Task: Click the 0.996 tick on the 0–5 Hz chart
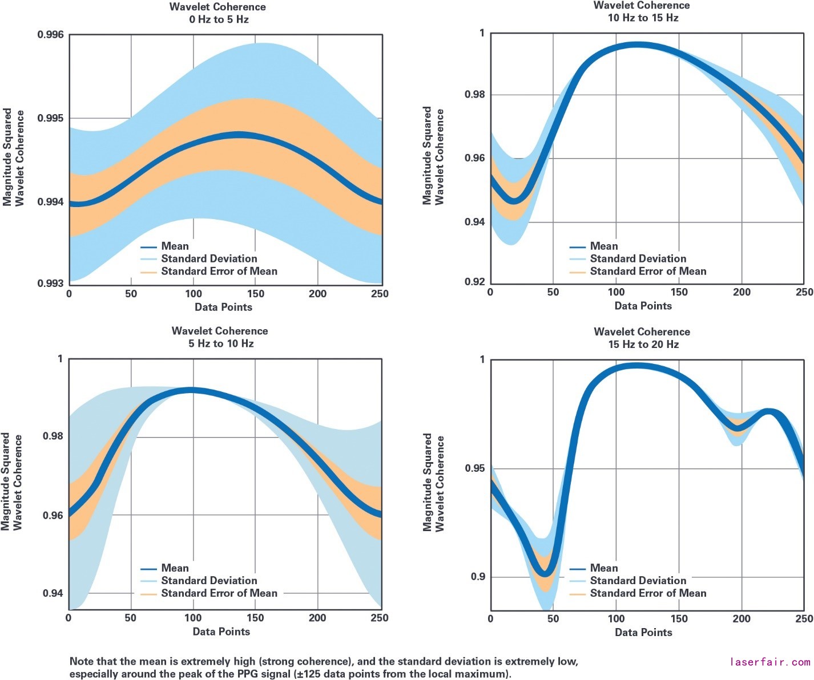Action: click(x=50, y=35)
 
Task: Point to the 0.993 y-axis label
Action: click(x=50, y=284)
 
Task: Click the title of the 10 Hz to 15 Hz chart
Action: click(x=642, y=11)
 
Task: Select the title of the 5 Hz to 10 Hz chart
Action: click(x=220, y=337)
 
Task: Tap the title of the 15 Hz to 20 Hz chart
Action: click(x=642, y=338)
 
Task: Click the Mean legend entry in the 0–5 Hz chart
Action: click(x=175, y=246)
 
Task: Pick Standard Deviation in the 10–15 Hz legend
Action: click(x=638, y=259)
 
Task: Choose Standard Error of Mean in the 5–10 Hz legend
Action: click(x=219, y=593)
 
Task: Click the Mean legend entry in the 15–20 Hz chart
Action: click(x=603, y=568)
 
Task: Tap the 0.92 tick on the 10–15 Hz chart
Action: click(x=475, y=282)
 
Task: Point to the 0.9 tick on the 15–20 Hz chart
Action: click(x=478, y=577)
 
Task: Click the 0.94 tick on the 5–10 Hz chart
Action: click(x=53, y=593)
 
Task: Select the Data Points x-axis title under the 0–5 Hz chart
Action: click(x=223, y=307)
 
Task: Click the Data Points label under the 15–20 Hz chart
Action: click(x=643, y=632)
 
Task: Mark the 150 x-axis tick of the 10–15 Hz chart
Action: click(x=679, y=292)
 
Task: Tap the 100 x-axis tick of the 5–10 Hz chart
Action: click(x=193, y=618)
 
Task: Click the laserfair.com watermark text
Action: click(x=770, y=662)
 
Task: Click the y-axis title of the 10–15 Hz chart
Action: click(x=433, y=155)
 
